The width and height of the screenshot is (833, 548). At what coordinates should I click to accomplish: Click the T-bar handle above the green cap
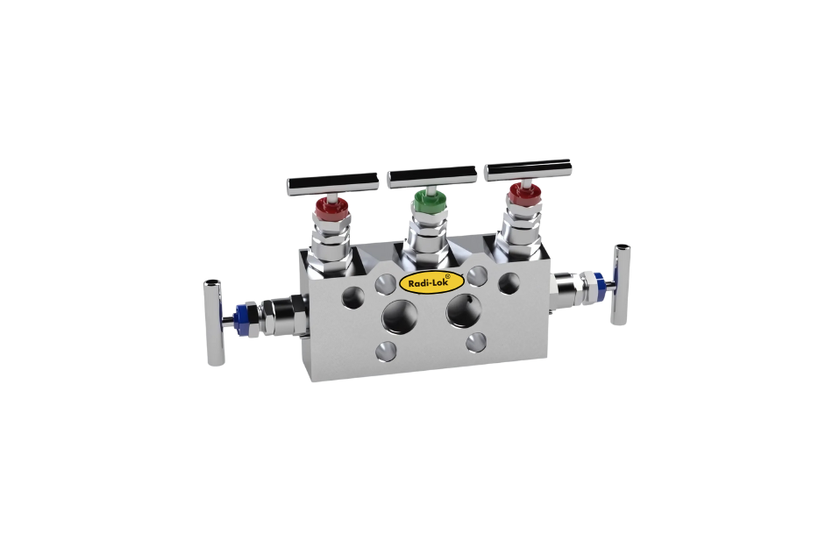pyautogui.click(x=431, y=176)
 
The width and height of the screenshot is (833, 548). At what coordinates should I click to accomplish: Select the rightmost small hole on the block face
pyautogui.click(x=509, y=281)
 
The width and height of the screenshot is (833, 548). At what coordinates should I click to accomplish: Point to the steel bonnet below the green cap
pyautogui.click(x=427, y=235)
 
